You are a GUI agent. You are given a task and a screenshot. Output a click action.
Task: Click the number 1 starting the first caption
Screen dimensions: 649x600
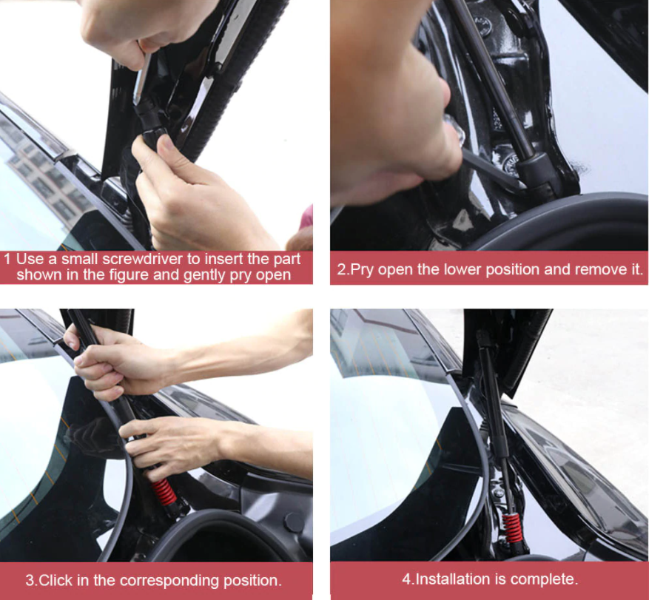(x=7, y=259)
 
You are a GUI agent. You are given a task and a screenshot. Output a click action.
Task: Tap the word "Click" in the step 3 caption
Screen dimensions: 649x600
(x=56, y=581)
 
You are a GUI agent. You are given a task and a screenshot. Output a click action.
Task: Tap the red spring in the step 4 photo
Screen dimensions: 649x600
(x=512, y=527)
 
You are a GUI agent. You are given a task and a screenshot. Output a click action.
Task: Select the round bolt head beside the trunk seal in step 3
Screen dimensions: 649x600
(x=294, y=522)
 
